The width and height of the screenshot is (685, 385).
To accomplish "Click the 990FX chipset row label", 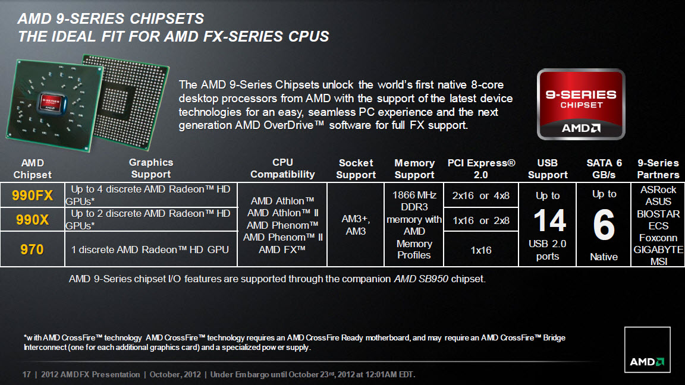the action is click(x=32, y=195).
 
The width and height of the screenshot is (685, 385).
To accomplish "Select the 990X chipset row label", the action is click(x=32, y=220).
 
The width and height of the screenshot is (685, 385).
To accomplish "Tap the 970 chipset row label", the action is click(x=32, y=250).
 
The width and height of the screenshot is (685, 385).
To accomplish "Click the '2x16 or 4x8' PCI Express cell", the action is click(x=480, y=195).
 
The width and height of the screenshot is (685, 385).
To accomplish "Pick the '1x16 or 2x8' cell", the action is click(x=480, y=220).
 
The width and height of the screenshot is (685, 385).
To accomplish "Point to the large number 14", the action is click(x=549, y=220).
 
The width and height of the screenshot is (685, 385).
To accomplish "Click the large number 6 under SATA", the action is click(x=604, y=225).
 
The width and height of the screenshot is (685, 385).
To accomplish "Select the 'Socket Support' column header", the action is click(x=356, y=169).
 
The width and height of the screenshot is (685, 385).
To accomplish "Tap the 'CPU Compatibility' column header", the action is click(x=282, y=169).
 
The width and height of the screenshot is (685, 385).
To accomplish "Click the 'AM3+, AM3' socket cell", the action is click(x=356, y=225).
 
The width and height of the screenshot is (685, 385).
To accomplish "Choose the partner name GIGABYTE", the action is click(x=658, y=250).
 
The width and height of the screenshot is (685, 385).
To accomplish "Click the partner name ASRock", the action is click(x=658, y=190).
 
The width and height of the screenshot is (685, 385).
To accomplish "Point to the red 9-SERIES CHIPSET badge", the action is click(x=581, y=105).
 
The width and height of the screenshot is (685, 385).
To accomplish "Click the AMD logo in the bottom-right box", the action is click(x=646, y=362).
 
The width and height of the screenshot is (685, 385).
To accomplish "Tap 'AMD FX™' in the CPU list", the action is click(x=282, y=250).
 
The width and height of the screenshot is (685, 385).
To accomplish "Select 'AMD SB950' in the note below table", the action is click(x=421, y=279).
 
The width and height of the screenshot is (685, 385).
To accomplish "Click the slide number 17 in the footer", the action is click(x=27, y=374).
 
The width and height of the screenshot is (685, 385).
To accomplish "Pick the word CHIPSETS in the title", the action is click(x=166, y=19).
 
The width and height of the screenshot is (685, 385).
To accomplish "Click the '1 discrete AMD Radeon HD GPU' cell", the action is click(x=150, y=250).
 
